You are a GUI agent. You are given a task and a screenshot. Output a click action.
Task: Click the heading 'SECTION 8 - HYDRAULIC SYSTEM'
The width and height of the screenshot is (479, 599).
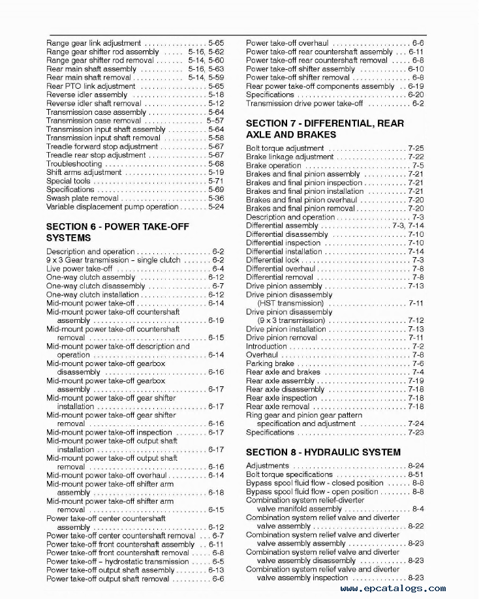(323, 452)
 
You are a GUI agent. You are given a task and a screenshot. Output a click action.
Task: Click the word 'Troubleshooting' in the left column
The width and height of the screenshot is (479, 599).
(74, 164)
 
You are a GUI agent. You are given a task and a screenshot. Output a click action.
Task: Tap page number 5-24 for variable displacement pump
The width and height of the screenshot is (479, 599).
(215, 207)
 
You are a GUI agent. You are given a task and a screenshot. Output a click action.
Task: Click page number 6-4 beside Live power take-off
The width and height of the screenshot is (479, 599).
(217, 268)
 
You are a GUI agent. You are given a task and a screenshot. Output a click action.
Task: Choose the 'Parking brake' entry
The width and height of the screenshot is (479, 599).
(270, 363)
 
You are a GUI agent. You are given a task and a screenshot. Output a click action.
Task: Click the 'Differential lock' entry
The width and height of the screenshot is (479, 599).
(273, 260)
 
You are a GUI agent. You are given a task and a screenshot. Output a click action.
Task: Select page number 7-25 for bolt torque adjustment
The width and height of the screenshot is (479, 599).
(415, 148)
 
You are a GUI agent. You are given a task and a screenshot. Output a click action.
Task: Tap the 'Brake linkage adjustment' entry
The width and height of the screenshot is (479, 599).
(290, 157)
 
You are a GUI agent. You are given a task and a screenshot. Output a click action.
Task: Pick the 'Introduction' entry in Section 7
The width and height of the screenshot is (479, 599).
(267, 346)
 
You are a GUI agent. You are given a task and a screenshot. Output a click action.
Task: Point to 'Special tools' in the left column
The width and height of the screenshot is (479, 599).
(69, 181)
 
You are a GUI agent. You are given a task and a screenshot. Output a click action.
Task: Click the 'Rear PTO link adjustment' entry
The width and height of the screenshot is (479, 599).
(91, 86)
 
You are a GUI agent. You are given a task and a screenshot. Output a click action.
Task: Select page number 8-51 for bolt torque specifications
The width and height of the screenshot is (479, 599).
(415, 474)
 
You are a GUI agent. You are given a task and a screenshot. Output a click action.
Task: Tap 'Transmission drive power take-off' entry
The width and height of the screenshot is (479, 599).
(304, 103)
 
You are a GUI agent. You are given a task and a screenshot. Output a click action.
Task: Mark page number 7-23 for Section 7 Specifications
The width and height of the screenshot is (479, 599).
(415, 432)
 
